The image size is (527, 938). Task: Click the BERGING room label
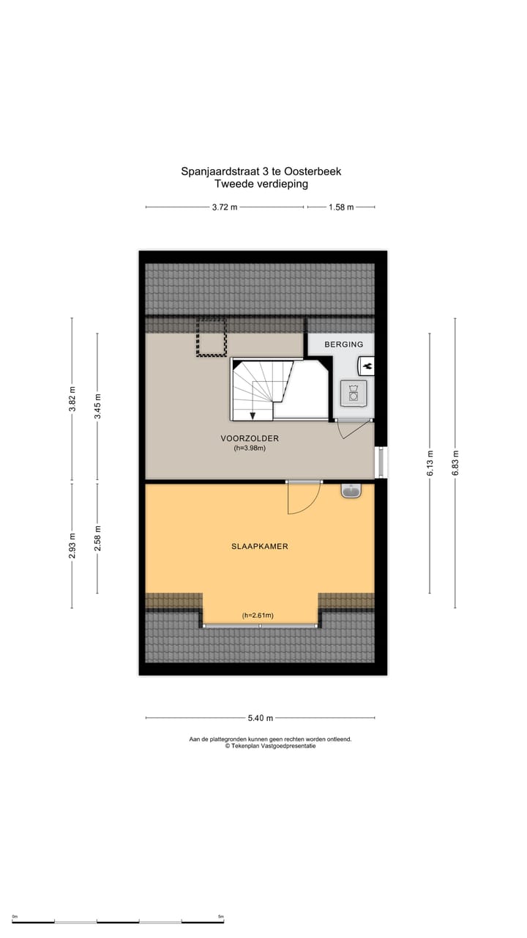[x=344, y=344]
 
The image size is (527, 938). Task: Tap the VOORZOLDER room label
[x=250, y=438]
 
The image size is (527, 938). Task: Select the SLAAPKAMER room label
[x=259, y=546]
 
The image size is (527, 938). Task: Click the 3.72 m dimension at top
[x=225, y=207]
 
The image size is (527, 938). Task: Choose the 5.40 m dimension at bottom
[x=261, y=718]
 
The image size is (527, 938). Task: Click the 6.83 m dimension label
[x=455, y=463]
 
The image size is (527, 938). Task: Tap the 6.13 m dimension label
[x=430, y=463]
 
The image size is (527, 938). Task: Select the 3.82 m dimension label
[x=72, y=399]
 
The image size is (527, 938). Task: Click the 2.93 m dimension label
[x=72, y=545]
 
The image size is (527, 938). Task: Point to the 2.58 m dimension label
[x=97, y=539]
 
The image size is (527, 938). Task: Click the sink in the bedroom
[x=351, y=491]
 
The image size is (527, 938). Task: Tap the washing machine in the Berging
[x=354, y=394]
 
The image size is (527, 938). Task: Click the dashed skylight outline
[x=211, y=338]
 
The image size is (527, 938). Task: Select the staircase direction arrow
[x=253, y=415]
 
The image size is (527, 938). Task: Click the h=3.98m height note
[x=250, y=448]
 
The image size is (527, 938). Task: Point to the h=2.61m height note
[x=258, y=616]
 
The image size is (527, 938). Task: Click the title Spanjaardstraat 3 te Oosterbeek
[x=261, y=171]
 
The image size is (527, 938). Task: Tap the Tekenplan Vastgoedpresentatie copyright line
[x=271, y=746]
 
